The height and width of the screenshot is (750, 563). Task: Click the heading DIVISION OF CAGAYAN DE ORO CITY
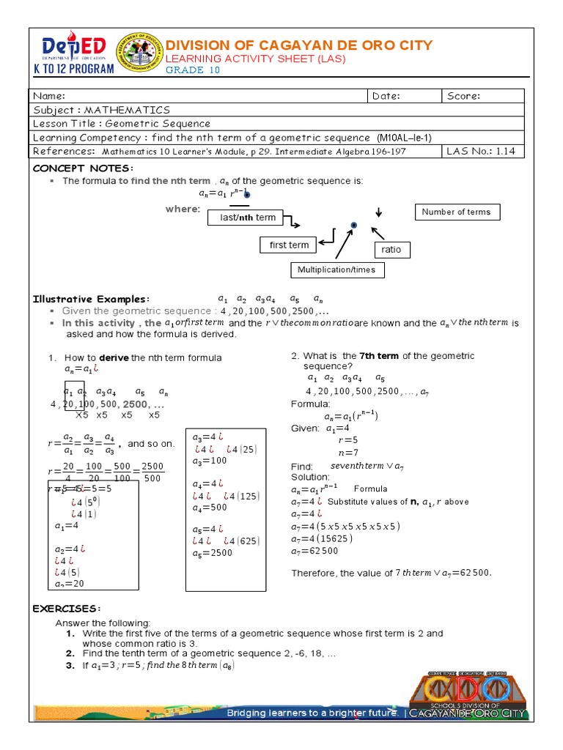[298, 45]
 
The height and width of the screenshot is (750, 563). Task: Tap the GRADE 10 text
[192, 70]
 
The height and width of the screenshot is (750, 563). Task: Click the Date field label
[386, 96]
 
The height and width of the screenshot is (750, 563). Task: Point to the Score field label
[463, 96]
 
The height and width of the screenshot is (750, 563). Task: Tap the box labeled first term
[289, 245]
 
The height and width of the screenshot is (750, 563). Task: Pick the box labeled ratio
[391, 250]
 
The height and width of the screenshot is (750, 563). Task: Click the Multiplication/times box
[336, 270]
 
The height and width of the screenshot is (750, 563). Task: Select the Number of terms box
[457, 212]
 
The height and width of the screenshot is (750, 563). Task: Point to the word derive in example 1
[114, 357]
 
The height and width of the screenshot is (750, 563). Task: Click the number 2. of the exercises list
[70, 653]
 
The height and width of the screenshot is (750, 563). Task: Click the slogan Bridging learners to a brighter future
[312, 713]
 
